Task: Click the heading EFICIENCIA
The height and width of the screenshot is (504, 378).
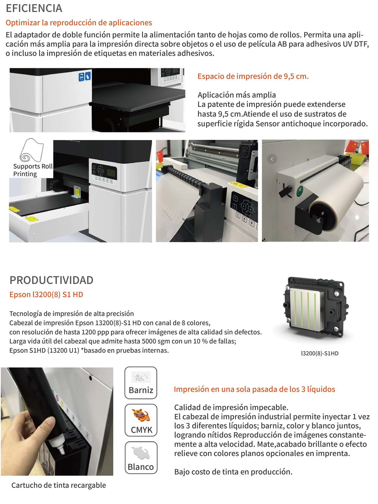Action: point(34,8)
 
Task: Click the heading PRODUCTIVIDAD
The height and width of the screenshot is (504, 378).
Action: point(51,280)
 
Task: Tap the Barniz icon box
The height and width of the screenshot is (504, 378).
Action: point(141,383)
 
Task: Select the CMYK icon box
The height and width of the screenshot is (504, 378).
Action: point(141,420)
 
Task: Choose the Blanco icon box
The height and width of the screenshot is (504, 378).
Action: point(141,457)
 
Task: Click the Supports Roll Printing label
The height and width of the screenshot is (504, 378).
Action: point(33,170)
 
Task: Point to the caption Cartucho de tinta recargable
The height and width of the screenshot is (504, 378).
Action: point(59,485)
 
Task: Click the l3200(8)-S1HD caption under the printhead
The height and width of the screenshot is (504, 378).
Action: point(320,353)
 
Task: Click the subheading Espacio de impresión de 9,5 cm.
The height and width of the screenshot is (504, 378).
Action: point(253,76)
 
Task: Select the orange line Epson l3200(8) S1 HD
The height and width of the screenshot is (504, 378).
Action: point(46,294)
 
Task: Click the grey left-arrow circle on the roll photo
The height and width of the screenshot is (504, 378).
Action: point(272,159)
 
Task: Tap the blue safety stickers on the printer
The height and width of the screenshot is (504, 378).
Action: point(85,76)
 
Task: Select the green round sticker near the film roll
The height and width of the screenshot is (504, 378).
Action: point(300,191)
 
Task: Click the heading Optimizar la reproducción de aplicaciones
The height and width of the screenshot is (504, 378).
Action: point(79,23)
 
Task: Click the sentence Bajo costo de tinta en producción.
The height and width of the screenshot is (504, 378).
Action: point(233,472)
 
